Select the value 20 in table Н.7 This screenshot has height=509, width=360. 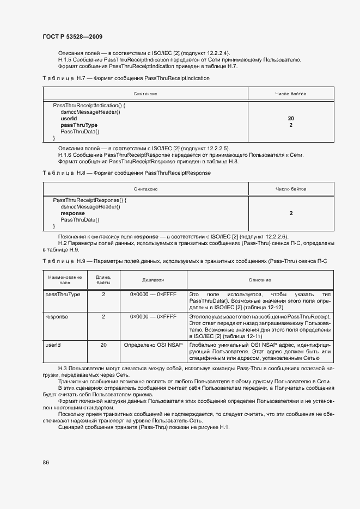tap(291, 118)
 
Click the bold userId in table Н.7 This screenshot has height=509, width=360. tap(69, 118)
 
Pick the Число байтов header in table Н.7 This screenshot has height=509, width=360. tap(291, 94)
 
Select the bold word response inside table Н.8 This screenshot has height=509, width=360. tap(72, 213)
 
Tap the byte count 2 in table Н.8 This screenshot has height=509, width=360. tap(291, 213)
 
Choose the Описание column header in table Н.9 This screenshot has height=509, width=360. tap(260, 280)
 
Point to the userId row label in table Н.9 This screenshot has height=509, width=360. tap(53, 345)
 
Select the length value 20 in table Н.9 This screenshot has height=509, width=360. tap(103, 345)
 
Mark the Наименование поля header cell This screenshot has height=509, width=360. tap(65, 280)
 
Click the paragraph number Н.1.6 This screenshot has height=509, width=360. tap(65, 155)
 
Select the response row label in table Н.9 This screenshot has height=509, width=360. tap(57, 316)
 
